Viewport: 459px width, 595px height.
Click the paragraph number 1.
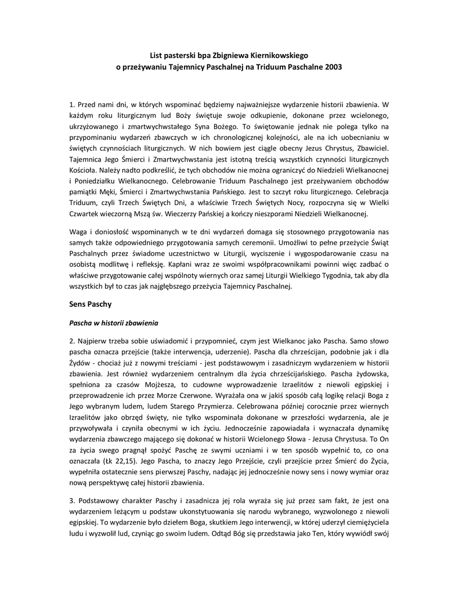click(x=71, y=104)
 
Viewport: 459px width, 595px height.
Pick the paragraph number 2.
click(x=71, y=340)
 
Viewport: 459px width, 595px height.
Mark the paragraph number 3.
click(x=71, y=501)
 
